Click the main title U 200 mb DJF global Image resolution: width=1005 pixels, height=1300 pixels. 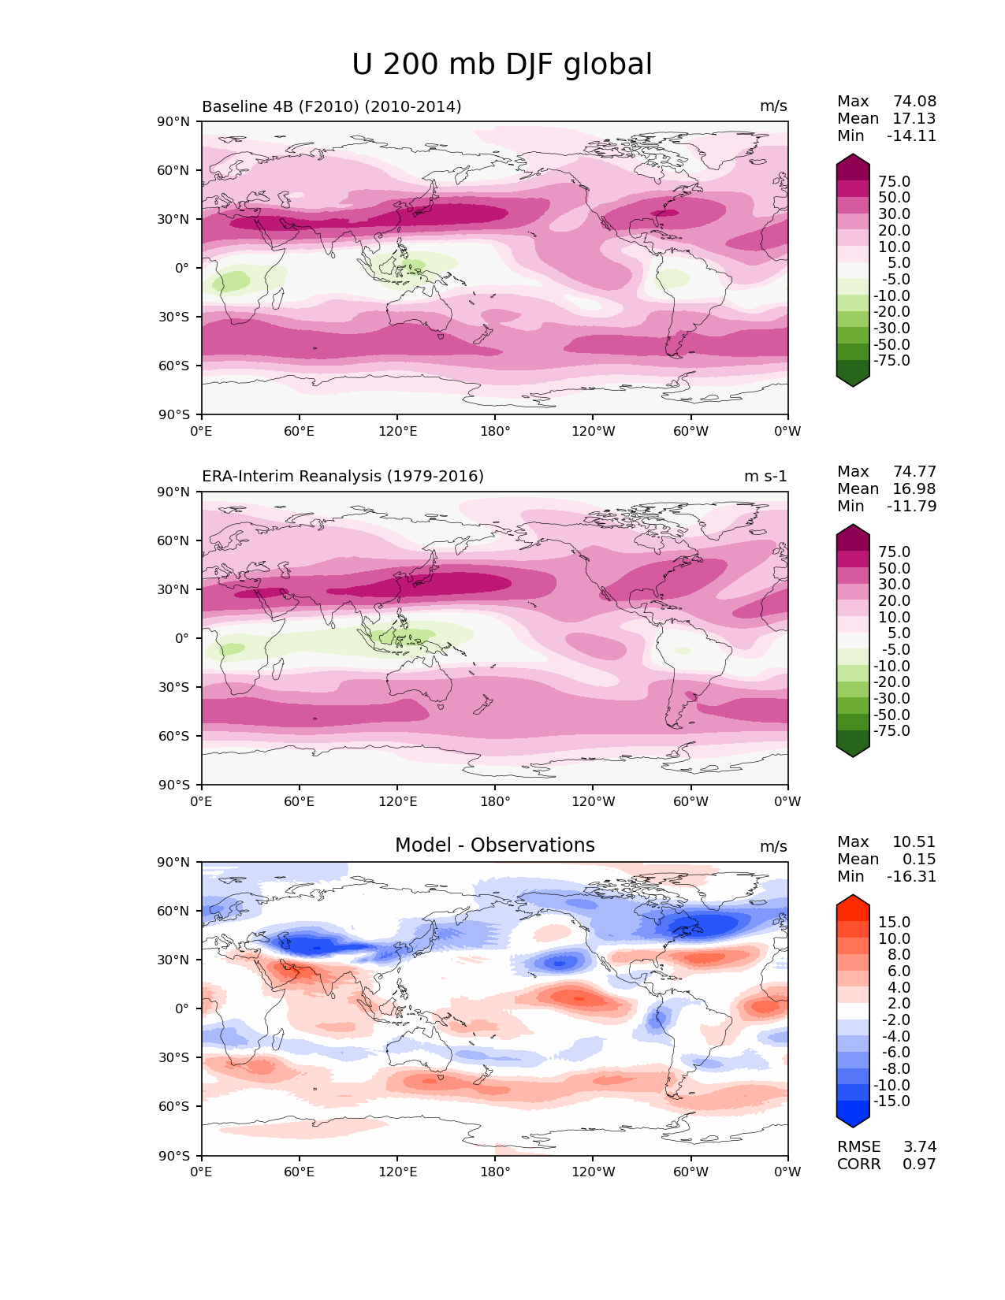pyautogui.click(x=501, y=65)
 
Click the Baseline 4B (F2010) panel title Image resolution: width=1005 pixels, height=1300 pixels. pyautogui.click(x=331, y=106)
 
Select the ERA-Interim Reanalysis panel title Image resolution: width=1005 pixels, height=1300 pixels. pyautogui.click(x=343, y=477)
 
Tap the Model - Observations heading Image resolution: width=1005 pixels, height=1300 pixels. pyautogui.click(x=494, y=845)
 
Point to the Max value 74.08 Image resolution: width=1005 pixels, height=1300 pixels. pyautogui.click(x=914, y=102)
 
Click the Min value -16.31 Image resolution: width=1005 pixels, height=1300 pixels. pyautogui.click(x=911, y=877)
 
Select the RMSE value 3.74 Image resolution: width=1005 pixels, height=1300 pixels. pyautogui.click(x=919, y=1147)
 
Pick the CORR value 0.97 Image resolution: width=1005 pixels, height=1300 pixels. pyautogui.click(x=919, y=1164)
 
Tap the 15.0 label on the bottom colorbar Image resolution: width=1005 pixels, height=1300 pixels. pyautogui.click(x=894, y=923)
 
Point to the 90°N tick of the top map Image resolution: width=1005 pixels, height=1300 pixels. pyautogui.click(x=174, y=122)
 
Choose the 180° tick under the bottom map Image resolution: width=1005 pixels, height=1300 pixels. pyautogui.click(x=495, y=1172)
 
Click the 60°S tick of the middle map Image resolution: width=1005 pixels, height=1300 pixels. pyautogui.click(x=174, y=736)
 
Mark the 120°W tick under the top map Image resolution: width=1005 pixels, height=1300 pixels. pyautogui.click(x=594, y=432)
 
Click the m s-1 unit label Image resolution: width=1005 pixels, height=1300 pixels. pyautogui.click(x=765, y=477)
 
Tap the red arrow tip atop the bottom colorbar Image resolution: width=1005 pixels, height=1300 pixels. pyautogui.click(x=853, y=901)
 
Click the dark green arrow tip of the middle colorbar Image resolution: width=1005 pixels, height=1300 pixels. pyautogui.click(x=853, y=751)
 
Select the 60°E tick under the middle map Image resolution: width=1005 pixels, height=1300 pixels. pyautogui.click(x=300, y=802)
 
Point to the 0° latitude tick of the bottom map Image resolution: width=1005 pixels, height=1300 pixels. pyautogui.click(x=181, y=1008)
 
